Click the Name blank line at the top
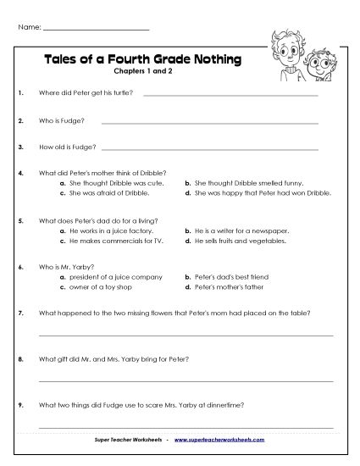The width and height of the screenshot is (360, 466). [96, 29]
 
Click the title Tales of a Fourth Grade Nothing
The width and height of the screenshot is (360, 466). [141, 59]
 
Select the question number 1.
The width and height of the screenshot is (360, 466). [19, 95]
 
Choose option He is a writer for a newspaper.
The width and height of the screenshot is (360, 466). [241, 230]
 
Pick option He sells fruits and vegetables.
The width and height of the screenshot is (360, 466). [243, 240]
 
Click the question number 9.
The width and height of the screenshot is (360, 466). [19, 405]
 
